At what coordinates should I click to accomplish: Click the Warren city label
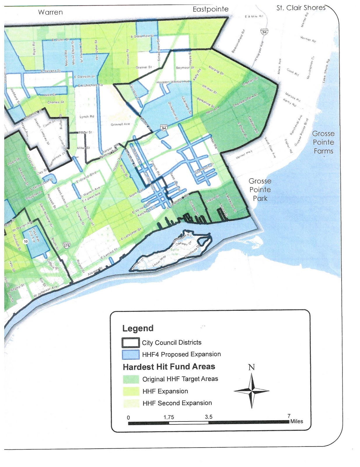coord(50,12)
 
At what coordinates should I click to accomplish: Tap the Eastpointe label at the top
coord(210,9)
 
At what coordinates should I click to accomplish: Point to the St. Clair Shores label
coord(301,8)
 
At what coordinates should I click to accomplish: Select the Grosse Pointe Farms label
coord(323,142)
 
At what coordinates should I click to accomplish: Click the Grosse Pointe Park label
coord(260,190)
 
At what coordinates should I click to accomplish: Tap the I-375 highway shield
coord(67,245)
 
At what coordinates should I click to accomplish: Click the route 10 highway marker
coord(26,241)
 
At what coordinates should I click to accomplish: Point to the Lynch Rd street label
coord(87,116)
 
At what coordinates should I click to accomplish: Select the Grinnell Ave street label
coord(120,124)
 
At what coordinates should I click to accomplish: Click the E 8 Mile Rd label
coord(254,16)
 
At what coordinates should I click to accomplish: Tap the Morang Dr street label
coord(216,70)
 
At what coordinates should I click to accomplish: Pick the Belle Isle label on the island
coord(174,252)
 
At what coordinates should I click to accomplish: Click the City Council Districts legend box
coord(130,343)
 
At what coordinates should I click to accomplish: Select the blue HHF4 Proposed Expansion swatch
coord(130,355)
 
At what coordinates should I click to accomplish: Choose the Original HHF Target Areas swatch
coord(131,379)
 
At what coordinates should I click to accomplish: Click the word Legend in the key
coord(138,328)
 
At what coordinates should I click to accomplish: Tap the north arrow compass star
coord(251,391)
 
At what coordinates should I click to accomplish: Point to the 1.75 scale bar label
coord(169,417)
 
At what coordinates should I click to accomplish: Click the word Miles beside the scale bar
coord(296,421)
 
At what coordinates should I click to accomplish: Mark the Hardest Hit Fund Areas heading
coord(169,367)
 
